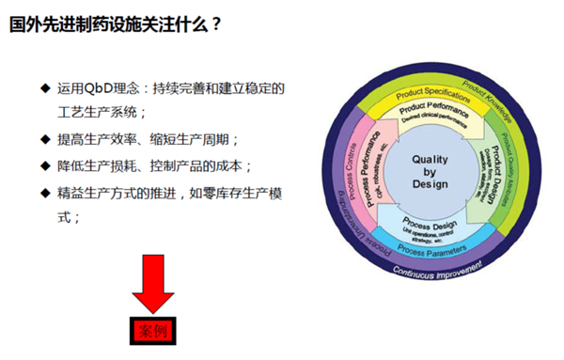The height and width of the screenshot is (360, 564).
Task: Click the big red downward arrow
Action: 152,283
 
